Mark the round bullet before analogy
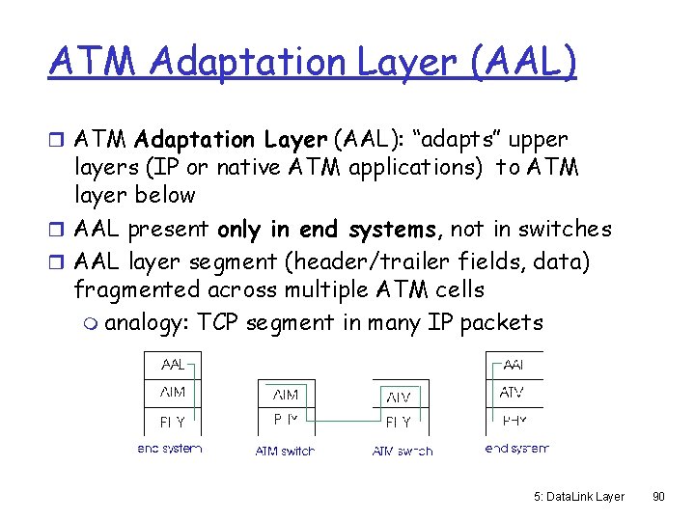pyautogui.click(x=91, y=323)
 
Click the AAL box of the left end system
pyautogui.click(x=173, y=366)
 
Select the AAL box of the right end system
pyautogui.click(x=513, y=366)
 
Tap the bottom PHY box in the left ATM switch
pyautogui.click(x=286, y=420)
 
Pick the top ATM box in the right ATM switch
pyautogui.click(x=399, y=396)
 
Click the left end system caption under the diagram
pyautogui.click(x=169, y=449)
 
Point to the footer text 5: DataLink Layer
pyautogui.click(x=579, y=496)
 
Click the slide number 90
pyautogui.click(x=658, y=496)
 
